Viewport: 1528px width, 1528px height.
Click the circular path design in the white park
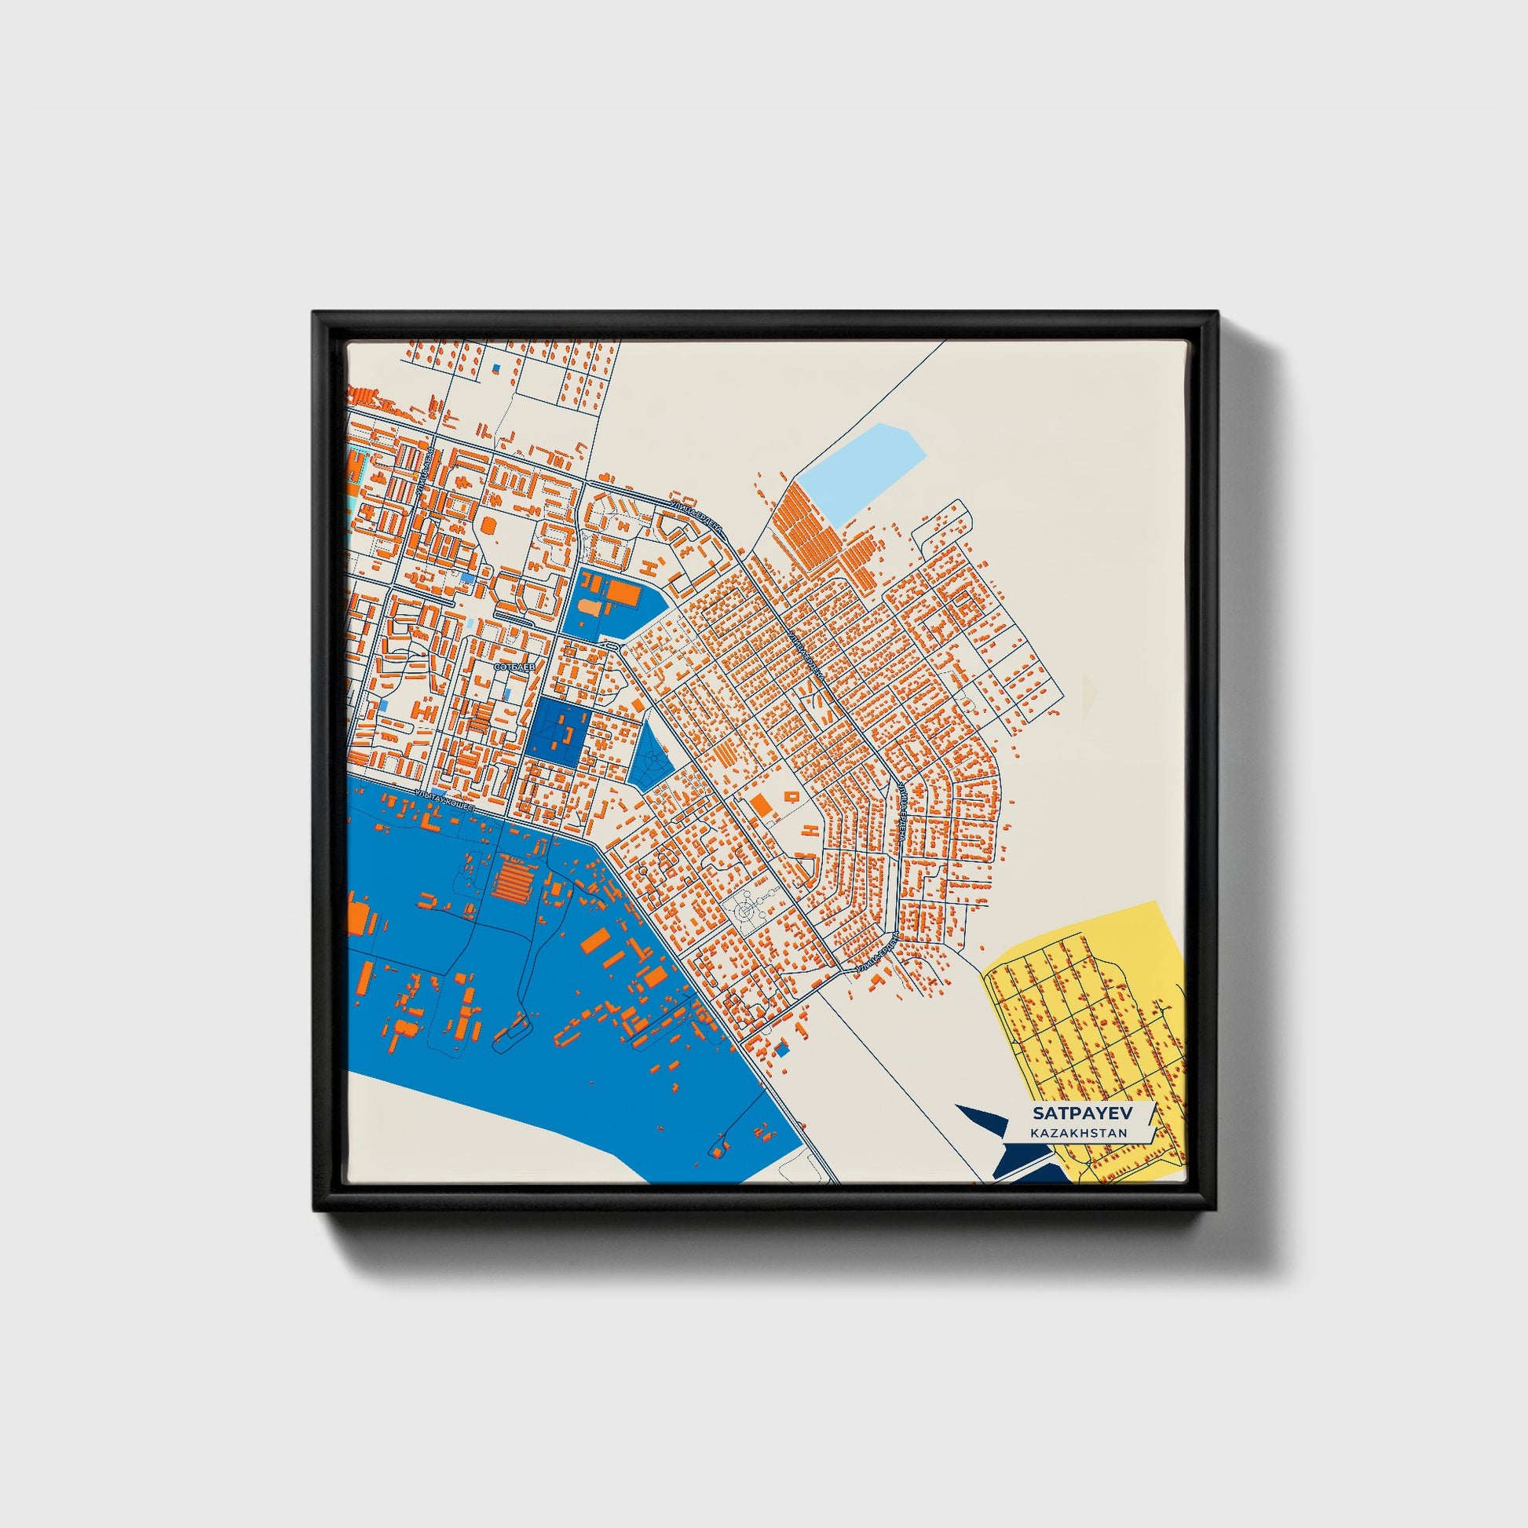coord(745,912)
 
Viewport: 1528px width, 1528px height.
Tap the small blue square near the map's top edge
coord(496,368)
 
